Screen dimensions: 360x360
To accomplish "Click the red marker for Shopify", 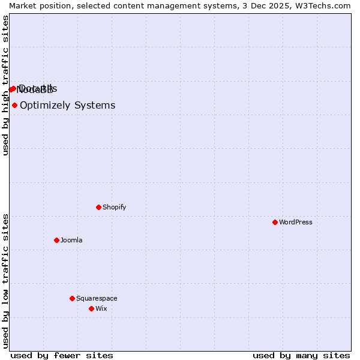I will (x=98, y=207).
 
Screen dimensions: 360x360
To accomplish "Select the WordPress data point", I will (x=275, y=222).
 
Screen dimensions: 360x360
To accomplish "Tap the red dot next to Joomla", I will (x=56, y=240).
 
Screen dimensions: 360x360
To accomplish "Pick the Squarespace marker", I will (x=72, y=298).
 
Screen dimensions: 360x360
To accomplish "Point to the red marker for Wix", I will (x=91, y=308).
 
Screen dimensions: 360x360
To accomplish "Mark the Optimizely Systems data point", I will (x=14, y=106).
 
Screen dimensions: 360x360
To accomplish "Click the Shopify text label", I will (x=114, y=207).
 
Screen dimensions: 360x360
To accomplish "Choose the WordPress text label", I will (x=295, y=222).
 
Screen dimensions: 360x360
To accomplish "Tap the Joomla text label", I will (x=71, y=240).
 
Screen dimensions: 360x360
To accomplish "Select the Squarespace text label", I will (x=97, y=298).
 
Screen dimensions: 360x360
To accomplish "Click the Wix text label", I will (x=101, y=308).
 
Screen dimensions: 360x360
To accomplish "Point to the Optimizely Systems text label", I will (x=67, y=106).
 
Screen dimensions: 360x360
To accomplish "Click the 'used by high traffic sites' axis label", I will (x=5, y=85).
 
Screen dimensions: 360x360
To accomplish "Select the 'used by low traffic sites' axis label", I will (x=5, y=280).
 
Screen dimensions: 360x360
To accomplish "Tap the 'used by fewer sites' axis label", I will (x=62, y=355).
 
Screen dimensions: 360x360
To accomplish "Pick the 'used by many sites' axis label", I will (x=301, y=355).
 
